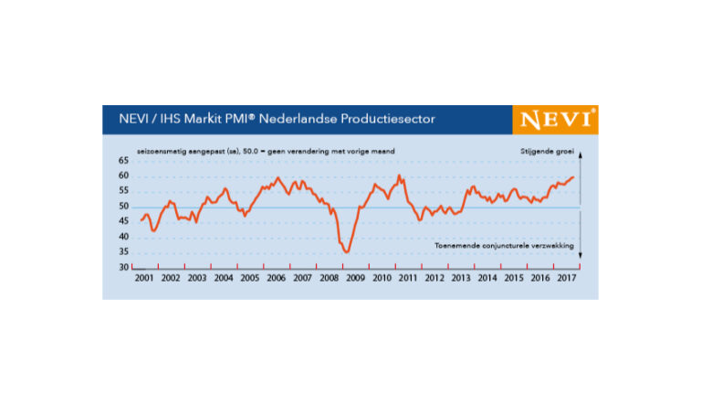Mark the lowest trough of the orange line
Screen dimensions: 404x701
(x=347, y=250)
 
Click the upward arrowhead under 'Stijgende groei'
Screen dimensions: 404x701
(x=581, y=156)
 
